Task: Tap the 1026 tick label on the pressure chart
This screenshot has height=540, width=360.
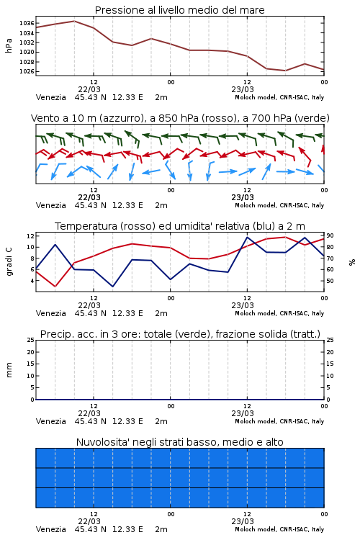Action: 27,71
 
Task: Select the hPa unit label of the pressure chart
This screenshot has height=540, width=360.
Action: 9,45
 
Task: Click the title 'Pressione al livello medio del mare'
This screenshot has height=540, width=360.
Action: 180,10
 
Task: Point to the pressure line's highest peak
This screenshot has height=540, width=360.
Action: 74,21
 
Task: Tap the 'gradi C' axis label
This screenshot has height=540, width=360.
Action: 9,261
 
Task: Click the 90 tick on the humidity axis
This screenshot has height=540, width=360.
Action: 330,236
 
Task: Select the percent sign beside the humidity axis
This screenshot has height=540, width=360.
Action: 352,262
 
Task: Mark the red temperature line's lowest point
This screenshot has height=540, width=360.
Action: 55,287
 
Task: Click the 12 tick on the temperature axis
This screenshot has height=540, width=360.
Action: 30,236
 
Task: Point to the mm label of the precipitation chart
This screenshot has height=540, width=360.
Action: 9,370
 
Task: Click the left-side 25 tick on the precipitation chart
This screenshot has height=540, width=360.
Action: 31,341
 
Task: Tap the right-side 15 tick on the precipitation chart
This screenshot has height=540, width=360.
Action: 330,364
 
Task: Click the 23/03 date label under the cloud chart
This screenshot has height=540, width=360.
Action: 243,521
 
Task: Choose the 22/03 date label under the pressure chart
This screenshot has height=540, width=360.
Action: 89,89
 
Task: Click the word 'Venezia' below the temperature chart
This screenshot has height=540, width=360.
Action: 51,313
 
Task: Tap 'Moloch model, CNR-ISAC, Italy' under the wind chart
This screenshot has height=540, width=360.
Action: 279,206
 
